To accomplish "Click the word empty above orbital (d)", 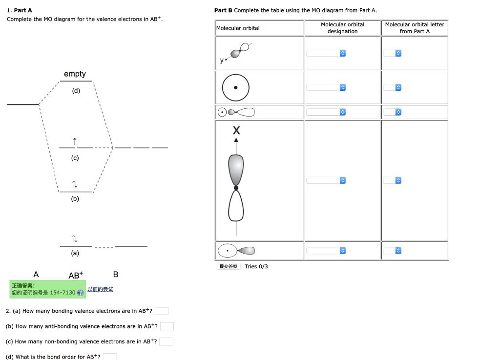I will click(75, 74).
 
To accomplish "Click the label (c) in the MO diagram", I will click(75, 158).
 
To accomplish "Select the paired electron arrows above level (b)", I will click(75, 184).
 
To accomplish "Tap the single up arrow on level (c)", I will click(75, 141).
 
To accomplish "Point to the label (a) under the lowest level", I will click(75, 253).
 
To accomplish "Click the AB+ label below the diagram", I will click(76, 275).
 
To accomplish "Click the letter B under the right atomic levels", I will click(116, 274).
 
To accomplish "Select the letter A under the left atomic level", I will click(36, 274).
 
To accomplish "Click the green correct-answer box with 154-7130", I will click(47, 289).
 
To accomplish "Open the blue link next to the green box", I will click(100, 289).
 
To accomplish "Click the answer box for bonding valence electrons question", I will click(162, 311).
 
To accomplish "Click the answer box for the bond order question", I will click(110, 357).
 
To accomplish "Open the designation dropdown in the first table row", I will click(326, 53).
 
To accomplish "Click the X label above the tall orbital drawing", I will click(236, 131).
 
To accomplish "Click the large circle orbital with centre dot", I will click(236, 88).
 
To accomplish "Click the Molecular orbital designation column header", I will click(342, 28).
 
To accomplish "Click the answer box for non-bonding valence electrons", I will click(166, 341).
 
